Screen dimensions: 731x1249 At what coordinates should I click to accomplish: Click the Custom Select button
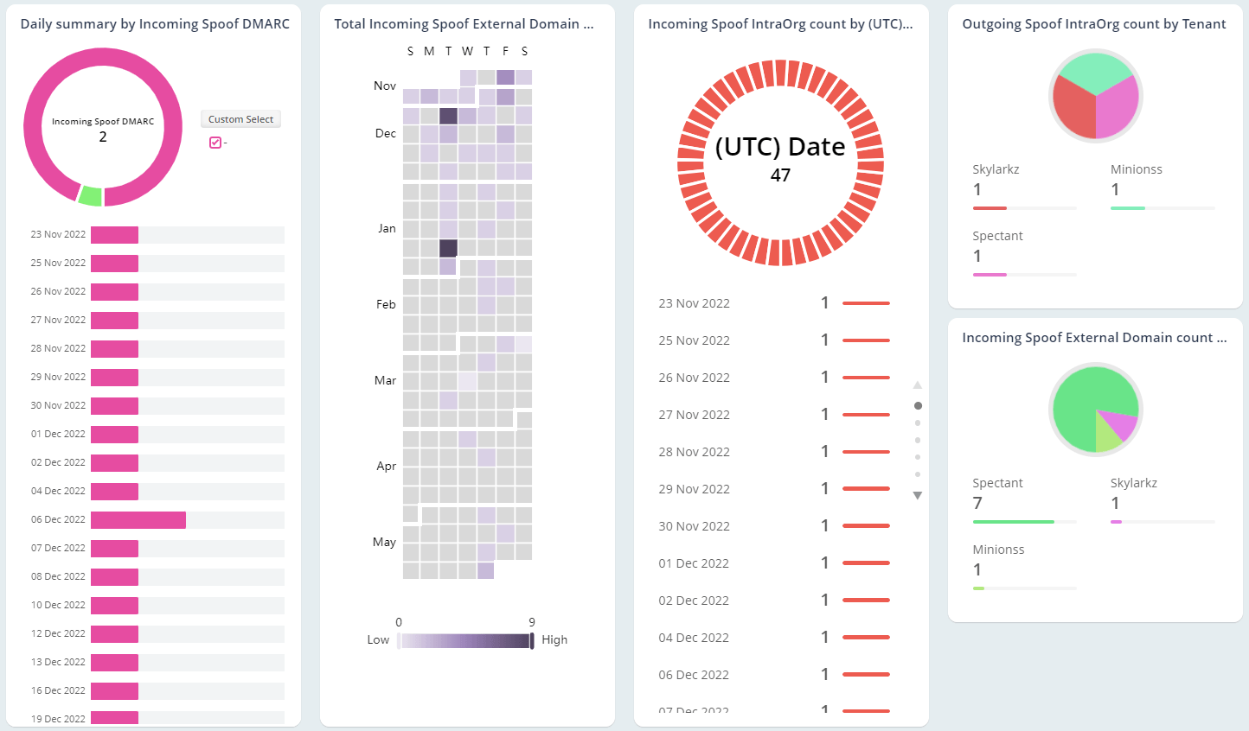[x=240, y=119]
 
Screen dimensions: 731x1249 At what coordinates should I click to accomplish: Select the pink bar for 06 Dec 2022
[x=138, y=519]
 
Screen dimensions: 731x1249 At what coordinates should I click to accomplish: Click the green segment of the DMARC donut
[x=90, y=196]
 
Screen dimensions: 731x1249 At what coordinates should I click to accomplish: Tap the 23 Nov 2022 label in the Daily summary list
[x=58, y=234]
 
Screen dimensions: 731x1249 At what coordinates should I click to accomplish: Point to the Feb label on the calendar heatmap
[x=386, y=304]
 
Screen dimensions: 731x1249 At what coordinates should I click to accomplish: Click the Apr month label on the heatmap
[x=386, y=466]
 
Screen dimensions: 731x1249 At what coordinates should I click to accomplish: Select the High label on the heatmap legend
[x=554, y=640]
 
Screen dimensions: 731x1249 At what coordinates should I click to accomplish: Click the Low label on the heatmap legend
[x=378, y=640]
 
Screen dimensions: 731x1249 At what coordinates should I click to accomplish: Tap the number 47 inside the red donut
[x=780, y=175]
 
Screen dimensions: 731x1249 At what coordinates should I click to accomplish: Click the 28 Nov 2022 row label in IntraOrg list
[x=694, y=452]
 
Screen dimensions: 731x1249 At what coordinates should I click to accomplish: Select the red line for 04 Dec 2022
[x=866, y=638]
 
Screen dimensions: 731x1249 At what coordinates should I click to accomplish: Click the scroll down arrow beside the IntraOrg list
[x=918, y=496]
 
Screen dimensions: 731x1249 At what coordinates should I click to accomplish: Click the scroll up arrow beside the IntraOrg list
[x=918, y=385]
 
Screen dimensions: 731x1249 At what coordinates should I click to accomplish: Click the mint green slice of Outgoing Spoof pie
[x=1095, y=71]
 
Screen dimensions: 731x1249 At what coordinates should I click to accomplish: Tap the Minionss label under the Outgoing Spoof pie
[x=1136, y=169]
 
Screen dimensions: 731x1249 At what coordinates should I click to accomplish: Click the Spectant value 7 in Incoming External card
[x=977, y=503]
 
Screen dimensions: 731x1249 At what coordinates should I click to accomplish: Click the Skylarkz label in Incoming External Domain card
[x=1133, y=483]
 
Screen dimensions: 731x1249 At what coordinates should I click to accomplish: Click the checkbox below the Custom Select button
[x=215, y=143]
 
